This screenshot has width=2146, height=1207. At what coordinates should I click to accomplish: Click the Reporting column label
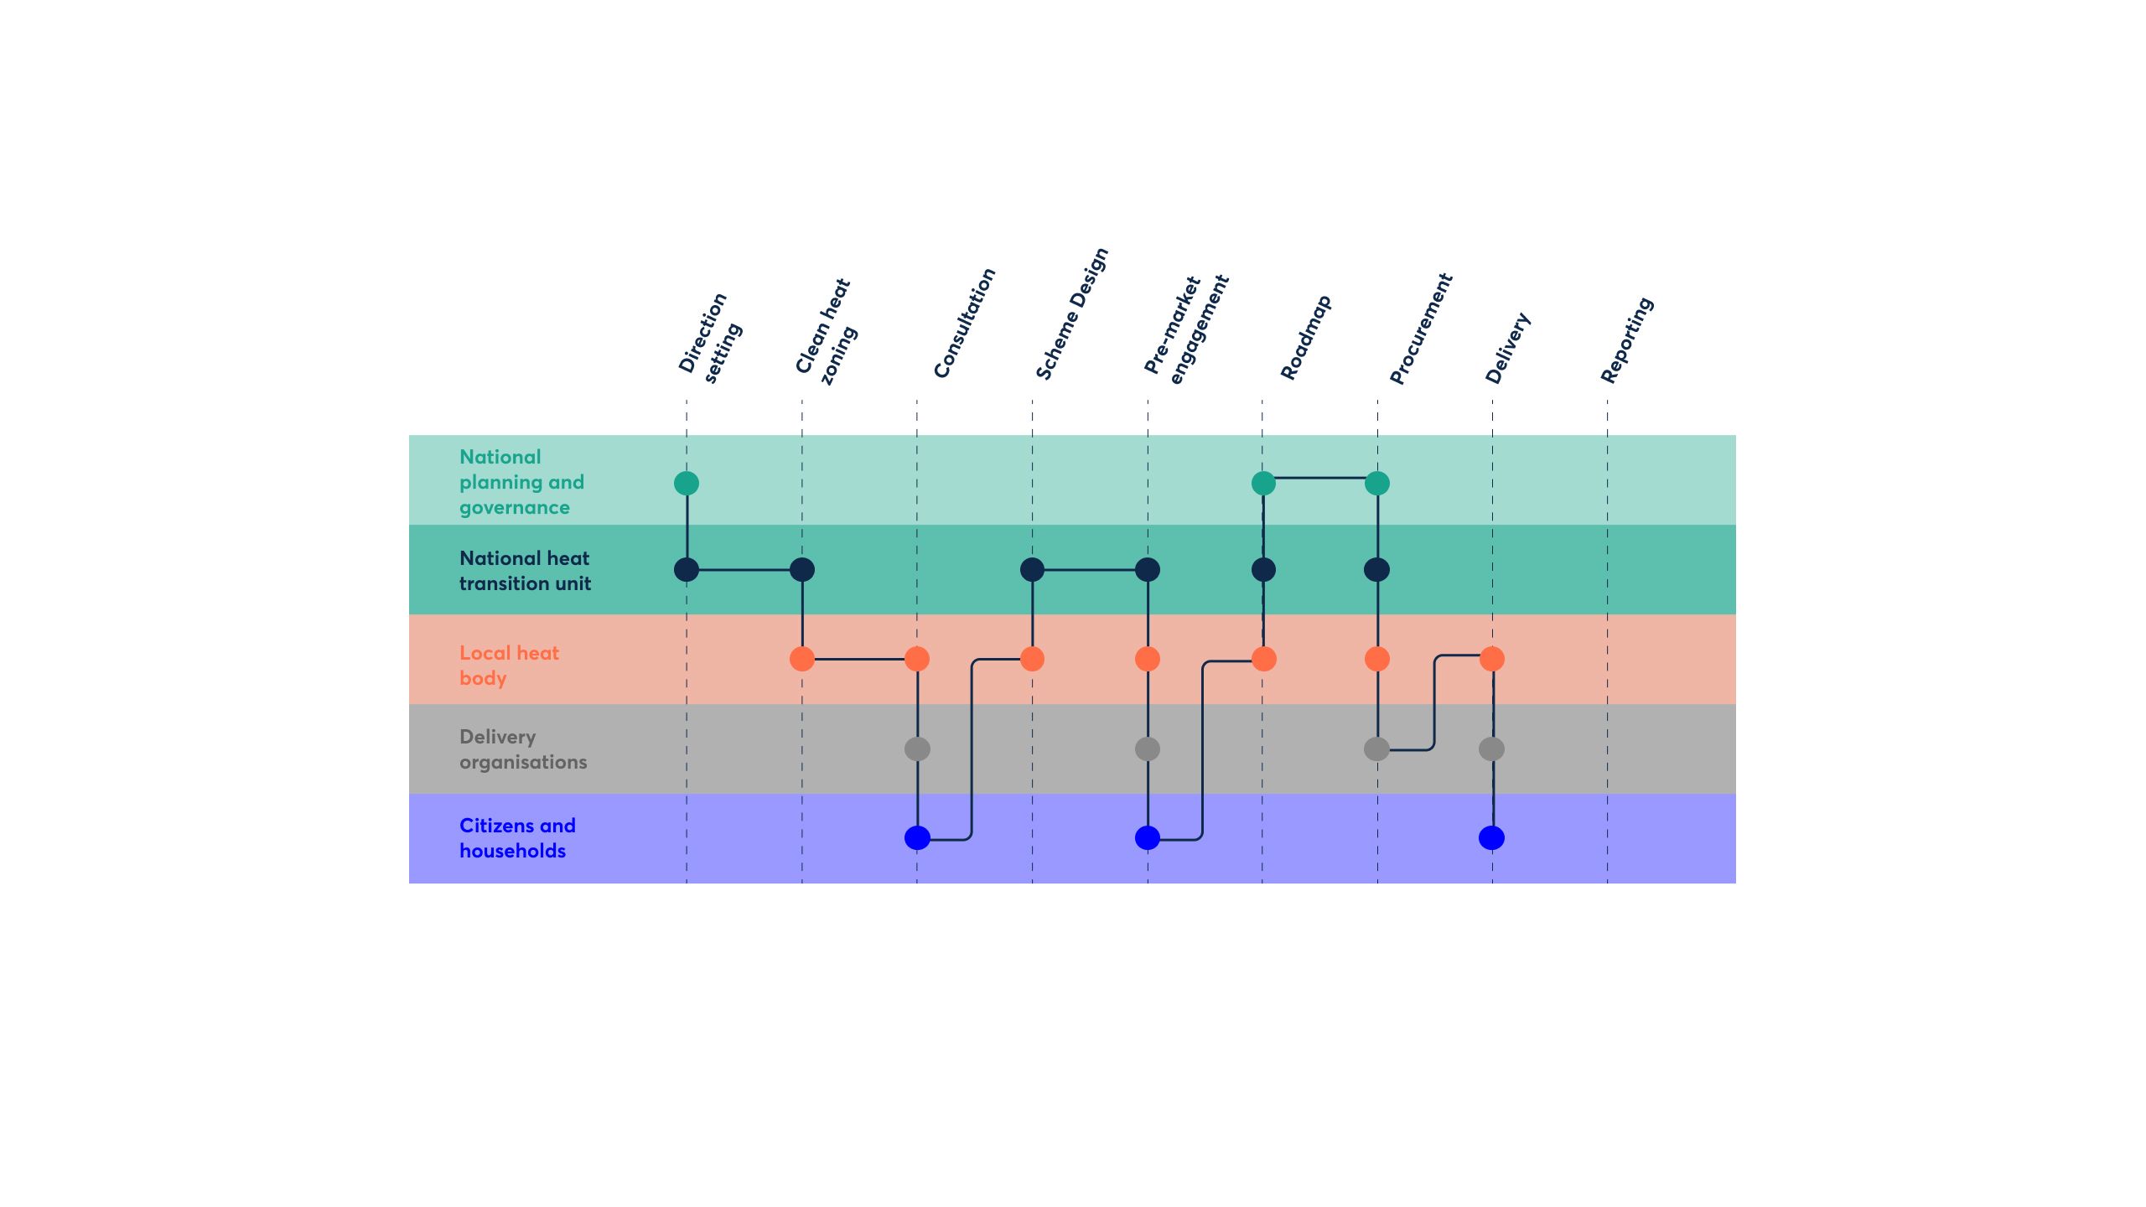click(x=1626, y=340)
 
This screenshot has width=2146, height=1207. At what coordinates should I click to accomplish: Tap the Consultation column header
click(x=964, y=324)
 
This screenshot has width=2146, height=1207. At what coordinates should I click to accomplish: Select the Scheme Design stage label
click(x=1071, y=313)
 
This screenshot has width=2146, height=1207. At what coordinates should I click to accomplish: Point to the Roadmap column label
click(x=1305, y=337)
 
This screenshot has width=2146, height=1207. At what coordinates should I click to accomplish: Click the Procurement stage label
click(x=1420, y=329)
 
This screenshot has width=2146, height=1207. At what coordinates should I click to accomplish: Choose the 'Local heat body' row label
click(x=509, y=666)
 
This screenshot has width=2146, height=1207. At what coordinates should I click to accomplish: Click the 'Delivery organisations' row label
click(x=523, y=749)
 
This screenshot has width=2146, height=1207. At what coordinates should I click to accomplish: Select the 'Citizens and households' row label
click(x=517, y=838)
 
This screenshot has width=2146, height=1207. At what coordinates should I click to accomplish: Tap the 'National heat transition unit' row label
click(x=525, y=571)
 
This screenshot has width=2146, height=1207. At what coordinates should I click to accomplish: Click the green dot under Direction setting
click(x=687, y=483)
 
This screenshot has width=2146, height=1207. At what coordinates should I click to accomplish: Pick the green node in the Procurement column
click(x=1377, y=483)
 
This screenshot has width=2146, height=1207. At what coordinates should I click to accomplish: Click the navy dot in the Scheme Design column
click(x=1032, y=570)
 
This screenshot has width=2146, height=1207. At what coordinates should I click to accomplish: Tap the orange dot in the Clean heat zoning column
click(x=802, y=659)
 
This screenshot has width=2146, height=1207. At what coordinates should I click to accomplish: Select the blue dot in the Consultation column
click(x=917, y=837)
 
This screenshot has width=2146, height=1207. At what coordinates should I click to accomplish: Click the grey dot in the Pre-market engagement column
click(x=1148, y=749)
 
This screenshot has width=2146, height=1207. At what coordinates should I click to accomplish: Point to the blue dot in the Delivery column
click(x=1492, y=837)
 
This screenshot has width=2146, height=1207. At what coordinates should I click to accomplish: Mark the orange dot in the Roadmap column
click(x=1263, y=659)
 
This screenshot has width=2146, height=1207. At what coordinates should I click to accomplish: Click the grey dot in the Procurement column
click(x=1377, y=749)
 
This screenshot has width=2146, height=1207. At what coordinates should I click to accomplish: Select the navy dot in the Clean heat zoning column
click(x=802, y=570)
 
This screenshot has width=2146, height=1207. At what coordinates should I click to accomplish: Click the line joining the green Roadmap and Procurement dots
click(x=1320, y=478)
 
